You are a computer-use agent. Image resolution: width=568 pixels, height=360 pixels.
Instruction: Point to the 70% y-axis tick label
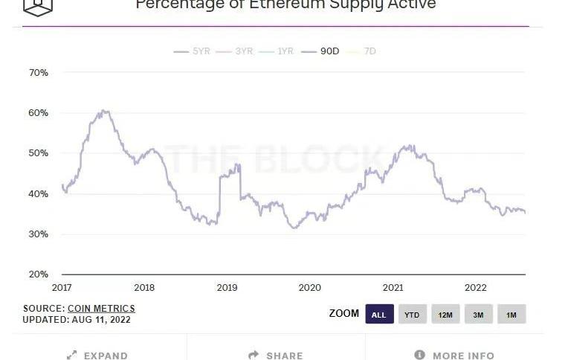click(38, 73)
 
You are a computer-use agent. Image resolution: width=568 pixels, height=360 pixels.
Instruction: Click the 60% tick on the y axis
click(38, 113)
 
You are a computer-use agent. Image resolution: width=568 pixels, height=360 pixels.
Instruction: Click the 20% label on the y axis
click(38, 274)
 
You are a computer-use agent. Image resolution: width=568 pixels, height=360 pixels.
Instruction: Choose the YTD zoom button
click(412, 315)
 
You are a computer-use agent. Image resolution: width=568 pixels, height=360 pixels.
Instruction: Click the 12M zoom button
click(445, 315)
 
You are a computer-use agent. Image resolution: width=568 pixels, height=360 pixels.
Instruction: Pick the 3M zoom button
click(478, 315)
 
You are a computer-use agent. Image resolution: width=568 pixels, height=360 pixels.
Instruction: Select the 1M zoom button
click(511, 315)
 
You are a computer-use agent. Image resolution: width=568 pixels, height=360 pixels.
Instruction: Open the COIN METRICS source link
click(101, 309)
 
